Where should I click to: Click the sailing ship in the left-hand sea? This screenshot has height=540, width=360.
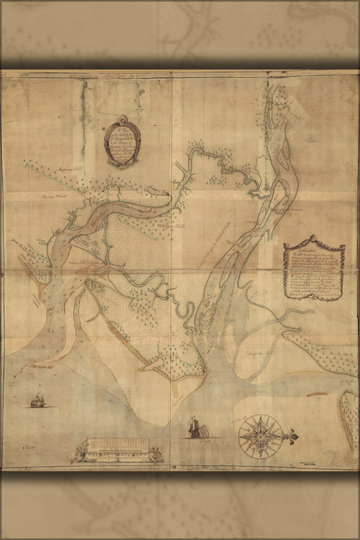click(x=38, y=401)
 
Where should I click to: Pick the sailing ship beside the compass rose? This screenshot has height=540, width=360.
click(x=195, y=427)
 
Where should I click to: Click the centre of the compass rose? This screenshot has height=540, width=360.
click(x=261, y=437)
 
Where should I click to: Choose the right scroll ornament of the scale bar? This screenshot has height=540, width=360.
click(x=156, y=456)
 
